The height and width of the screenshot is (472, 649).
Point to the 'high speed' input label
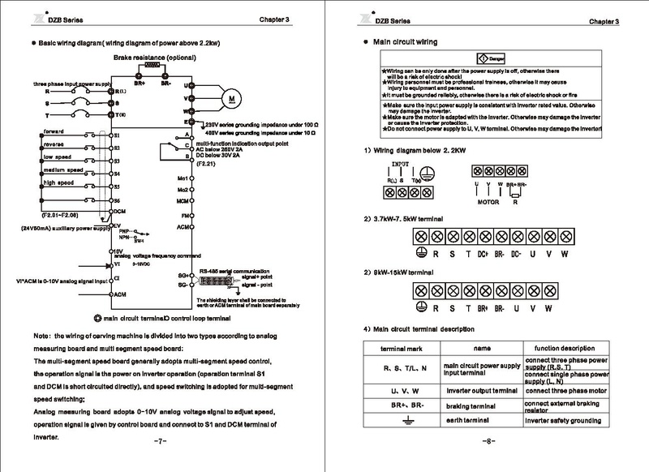pos(59,182)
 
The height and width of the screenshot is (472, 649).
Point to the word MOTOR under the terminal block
pos(487,200)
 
